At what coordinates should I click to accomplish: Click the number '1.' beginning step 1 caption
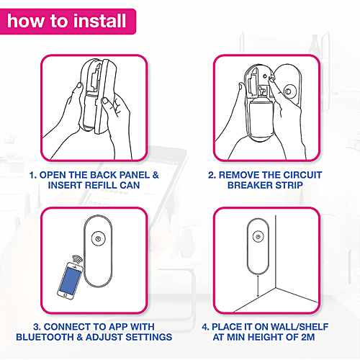coord(32,175)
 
